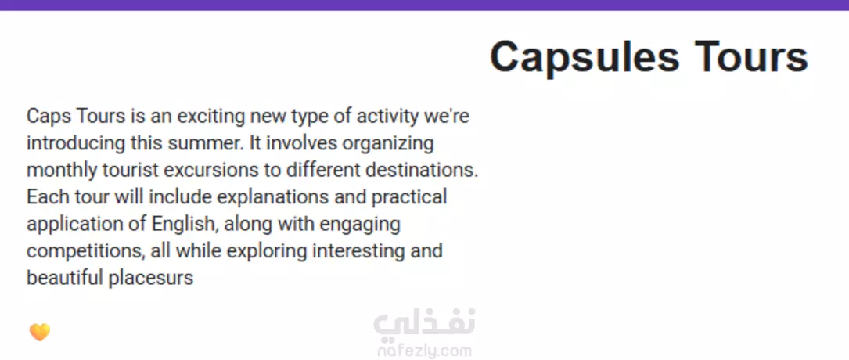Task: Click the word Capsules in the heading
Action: [585, 57]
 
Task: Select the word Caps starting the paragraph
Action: [49, 117]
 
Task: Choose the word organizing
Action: [388, 144]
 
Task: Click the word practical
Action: [409, 198]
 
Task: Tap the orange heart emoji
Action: [40, 332]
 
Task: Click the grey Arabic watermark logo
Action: [424, 324]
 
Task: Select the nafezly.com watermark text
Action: [424, 351]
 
